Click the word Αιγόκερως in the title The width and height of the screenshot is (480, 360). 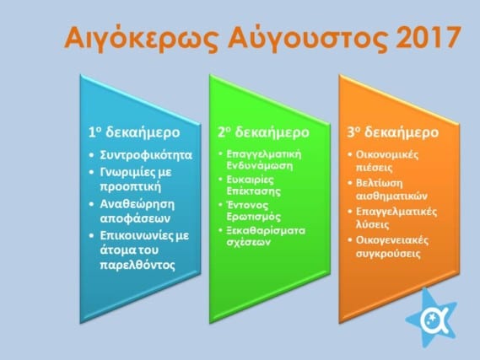pos(142,38)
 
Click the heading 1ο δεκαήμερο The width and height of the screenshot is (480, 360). pos(134,132)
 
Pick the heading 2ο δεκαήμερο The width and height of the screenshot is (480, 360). pos(263,132)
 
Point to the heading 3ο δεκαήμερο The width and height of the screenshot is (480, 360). pos(393,132)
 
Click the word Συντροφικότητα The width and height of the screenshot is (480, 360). pos(146,155)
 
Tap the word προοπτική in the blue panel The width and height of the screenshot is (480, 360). pos(131,186)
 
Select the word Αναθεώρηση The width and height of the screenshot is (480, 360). pos(138,204)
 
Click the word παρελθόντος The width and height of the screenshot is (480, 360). pos(138,265)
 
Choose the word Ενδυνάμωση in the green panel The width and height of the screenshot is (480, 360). pos(260,165)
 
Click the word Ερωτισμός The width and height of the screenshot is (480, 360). pos(253,217)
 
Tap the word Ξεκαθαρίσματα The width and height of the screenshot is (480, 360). pos(266,230)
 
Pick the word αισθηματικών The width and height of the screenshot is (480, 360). pos(391,196)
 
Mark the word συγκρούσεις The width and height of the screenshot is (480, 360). pos(388,254)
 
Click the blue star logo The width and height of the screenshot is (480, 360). pos(431,318)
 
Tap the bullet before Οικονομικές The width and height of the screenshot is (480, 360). pos(350,154)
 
